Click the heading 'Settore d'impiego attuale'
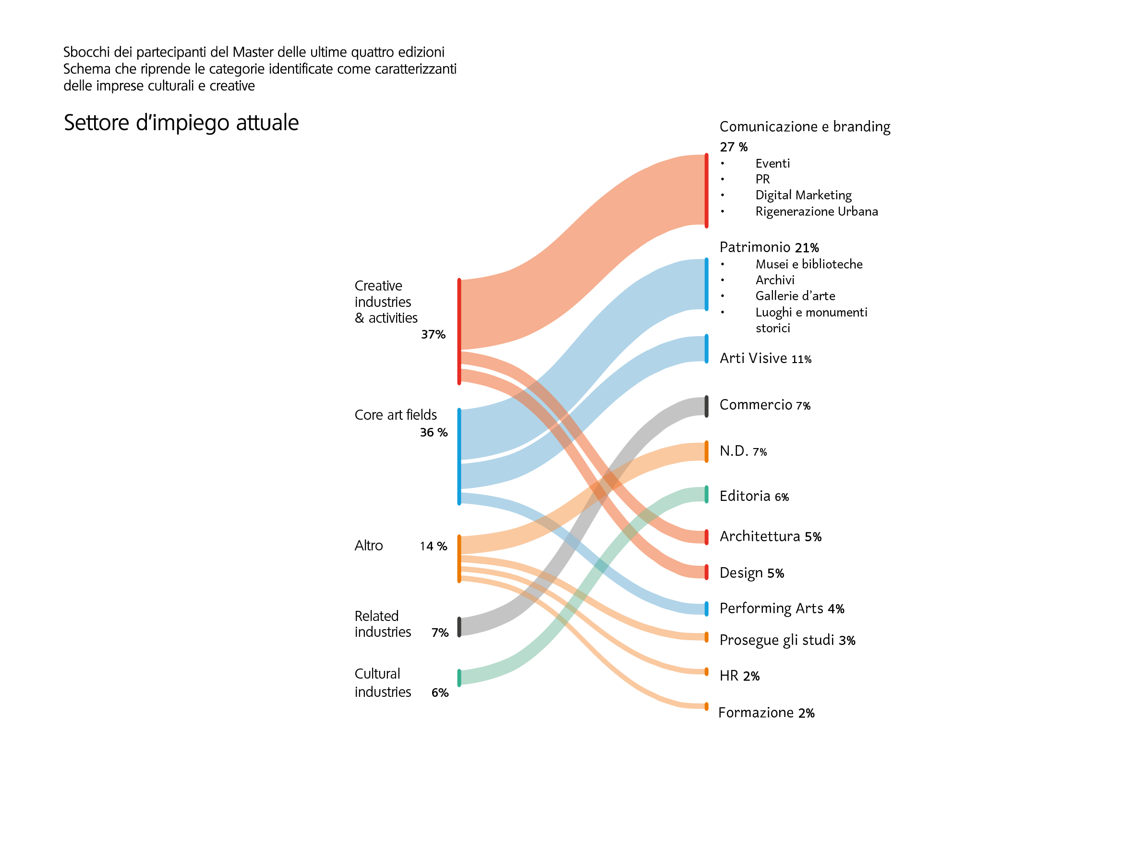[181, 122]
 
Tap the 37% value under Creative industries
[433, 334]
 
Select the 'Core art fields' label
[395, 414]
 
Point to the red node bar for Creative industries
[459, 331]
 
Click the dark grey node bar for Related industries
[459, 627]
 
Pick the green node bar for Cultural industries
[459, 678]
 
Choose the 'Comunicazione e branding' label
[804, 127]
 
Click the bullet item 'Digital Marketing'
[803, 195]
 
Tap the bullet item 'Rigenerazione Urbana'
[816, 211]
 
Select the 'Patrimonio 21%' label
[769, 247]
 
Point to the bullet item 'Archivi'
[774, 280]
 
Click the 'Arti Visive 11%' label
[765, 358]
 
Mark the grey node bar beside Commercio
[706, 406]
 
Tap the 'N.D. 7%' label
[743, 451]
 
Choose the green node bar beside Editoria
[706, 495]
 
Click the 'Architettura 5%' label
[770, 536]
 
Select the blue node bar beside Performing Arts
[706, 608]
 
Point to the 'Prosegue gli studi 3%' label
[787, 640]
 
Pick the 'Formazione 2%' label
[766, 713]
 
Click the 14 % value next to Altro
[433, 546]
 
